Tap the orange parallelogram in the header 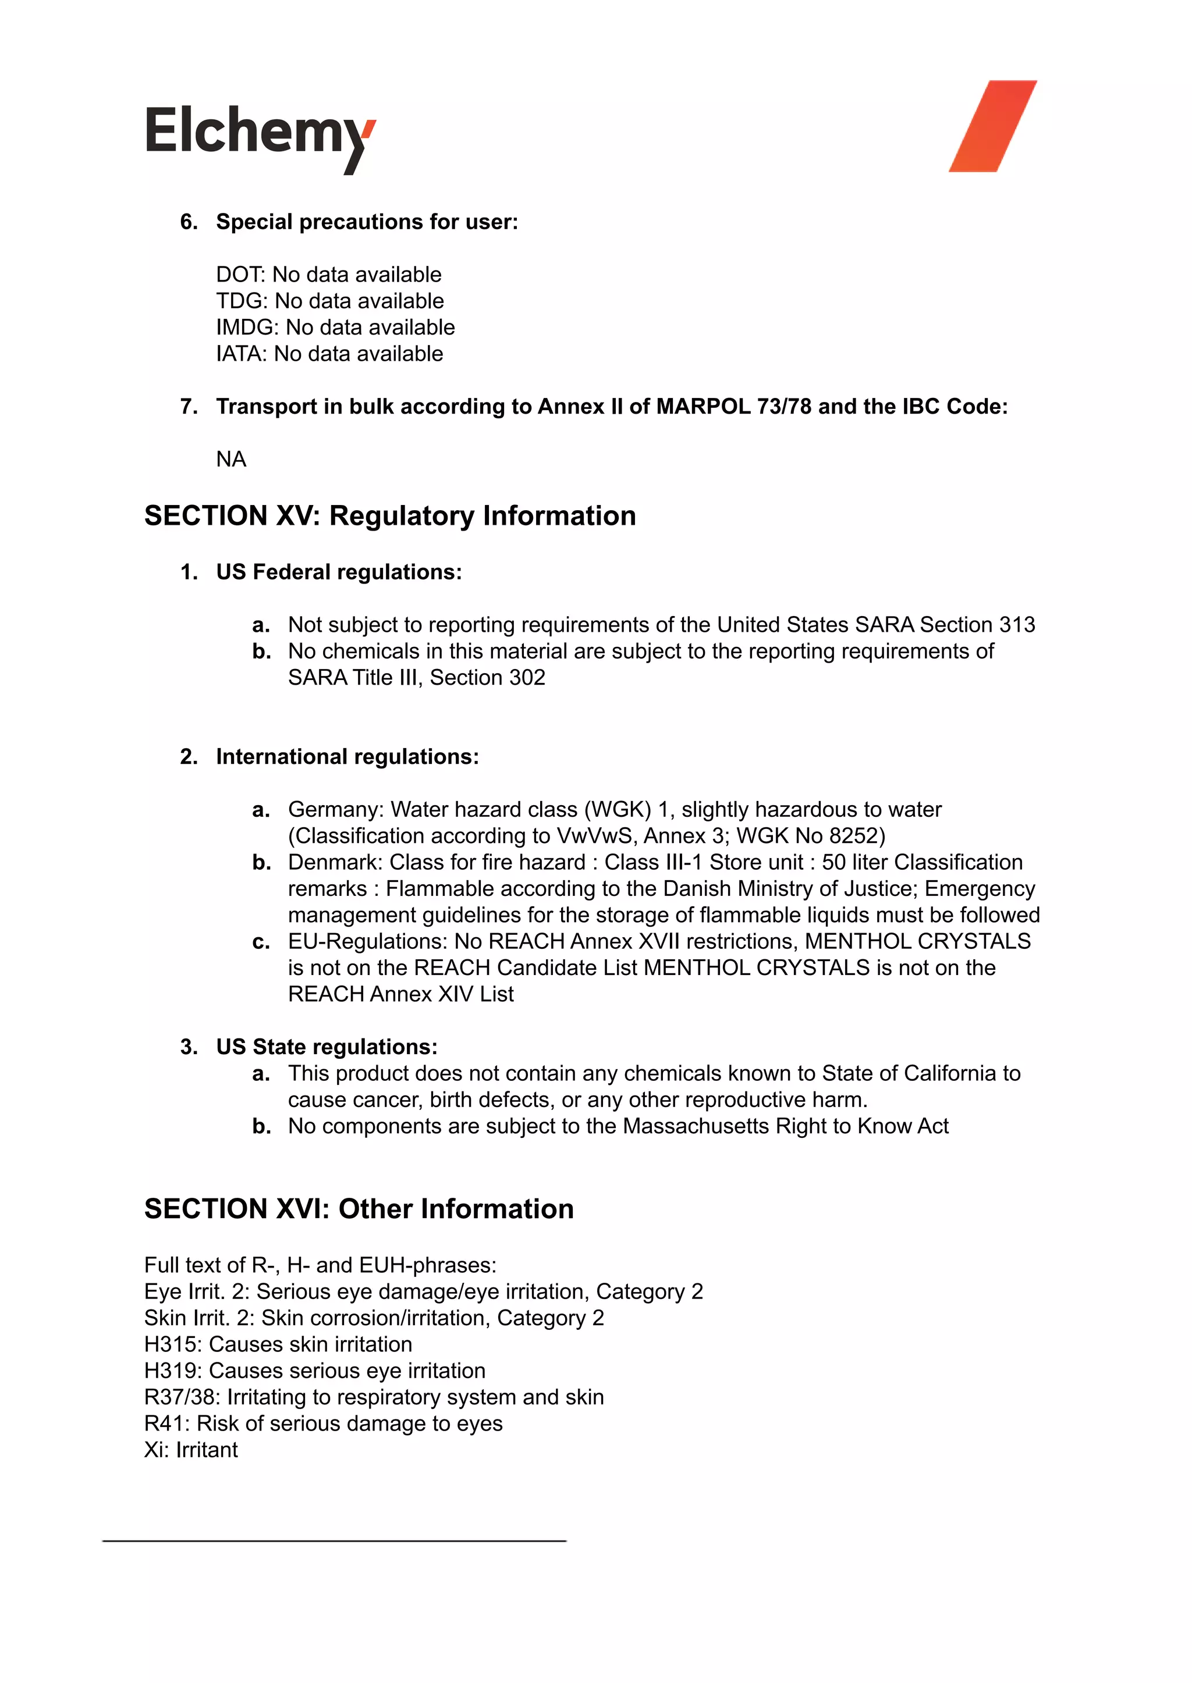point(992,126)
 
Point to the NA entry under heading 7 point(230,459)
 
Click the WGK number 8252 point(854,835)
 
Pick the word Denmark point(335,862)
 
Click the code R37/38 point(181,1397)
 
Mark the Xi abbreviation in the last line point(155,1450)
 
